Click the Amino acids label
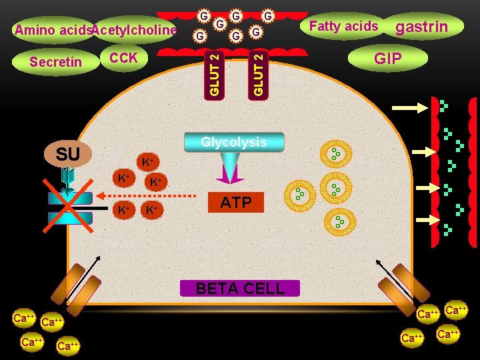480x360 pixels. coord(52,30)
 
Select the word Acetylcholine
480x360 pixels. coord(134,30)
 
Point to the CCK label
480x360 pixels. coord(123,58)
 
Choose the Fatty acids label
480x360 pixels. coord(344,27)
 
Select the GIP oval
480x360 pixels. coord(387,59)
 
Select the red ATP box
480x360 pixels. coord(235,203)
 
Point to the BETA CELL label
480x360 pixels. coord(240,289)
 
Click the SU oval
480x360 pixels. coord(68,155)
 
